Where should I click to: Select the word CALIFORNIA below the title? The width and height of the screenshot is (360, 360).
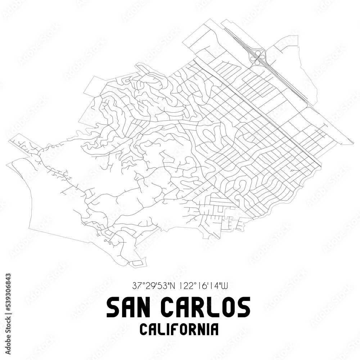tap(179, 329)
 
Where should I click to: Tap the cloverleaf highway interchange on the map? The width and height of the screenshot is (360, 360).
tap(258, 58)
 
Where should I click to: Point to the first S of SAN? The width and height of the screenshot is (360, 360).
tap(112, 307)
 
